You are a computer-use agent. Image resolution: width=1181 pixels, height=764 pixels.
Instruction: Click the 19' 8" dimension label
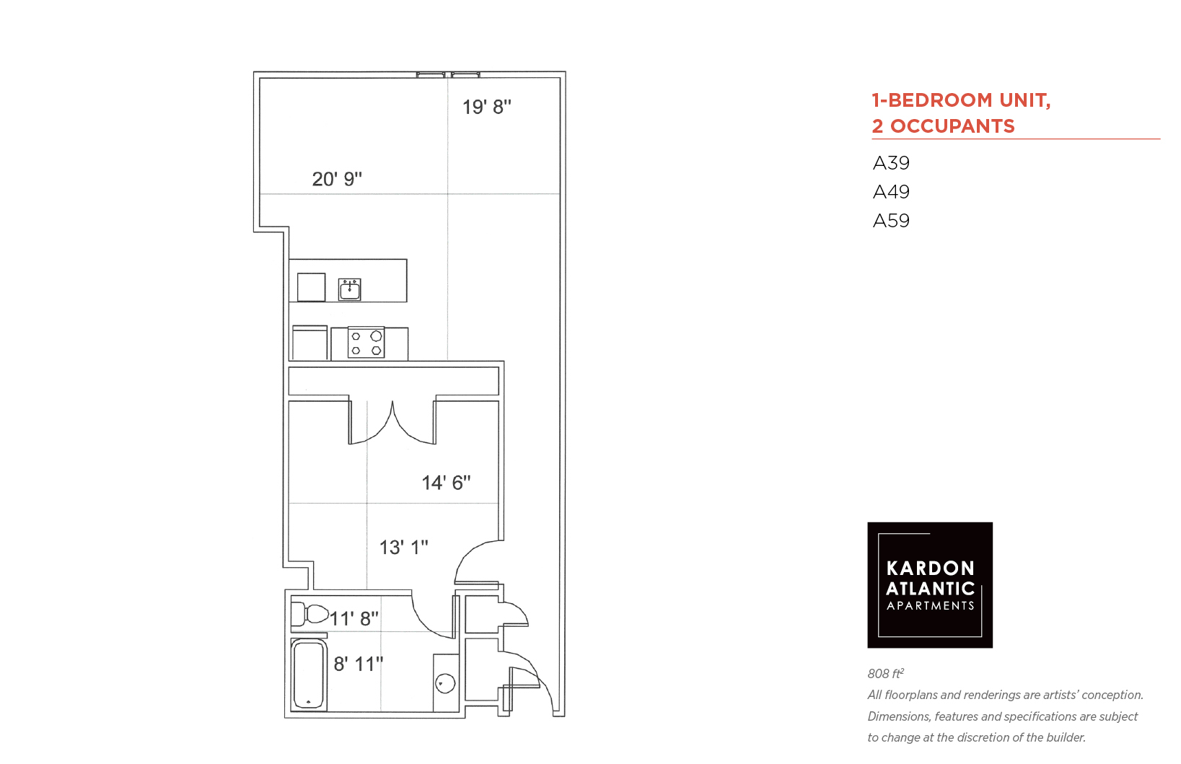point(487,107)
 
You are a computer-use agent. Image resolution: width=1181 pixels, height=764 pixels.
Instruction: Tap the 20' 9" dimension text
point(337,179)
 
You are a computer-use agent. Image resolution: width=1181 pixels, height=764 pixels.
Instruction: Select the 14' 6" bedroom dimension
point(446,483)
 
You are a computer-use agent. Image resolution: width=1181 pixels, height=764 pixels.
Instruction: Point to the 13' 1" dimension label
point(404,548)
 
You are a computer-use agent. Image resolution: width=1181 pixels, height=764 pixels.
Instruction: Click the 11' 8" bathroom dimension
point(354,618)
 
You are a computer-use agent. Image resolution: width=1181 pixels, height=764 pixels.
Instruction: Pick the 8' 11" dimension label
point(359,664)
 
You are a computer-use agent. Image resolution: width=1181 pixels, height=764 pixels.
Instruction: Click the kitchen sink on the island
point(350,289)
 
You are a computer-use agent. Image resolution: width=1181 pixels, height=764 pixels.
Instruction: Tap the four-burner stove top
point(366,343)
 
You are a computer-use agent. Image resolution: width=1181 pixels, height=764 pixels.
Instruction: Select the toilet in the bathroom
point(310,614)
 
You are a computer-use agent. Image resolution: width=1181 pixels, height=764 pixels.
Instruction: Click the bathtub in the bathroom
point(309,675)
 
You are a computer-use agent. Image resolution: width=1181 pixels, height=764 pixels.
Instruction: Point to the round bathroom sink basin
point(446,683)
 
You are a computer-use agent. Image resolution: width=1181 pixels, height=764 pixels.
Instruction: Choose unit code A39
point(891,163)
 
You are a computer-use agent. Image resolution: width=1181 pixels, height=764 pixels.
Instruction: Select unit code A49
point(891,192)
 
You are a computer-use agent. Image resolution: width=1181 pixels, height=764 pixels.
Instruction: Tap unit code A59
point(891,220)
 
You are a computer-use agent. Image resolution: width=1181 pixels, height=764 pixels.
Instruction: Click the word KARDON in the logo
point(930,568)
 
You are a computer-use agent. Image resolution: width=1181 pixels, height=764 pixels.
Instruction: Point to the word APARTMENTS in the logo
point(930,606)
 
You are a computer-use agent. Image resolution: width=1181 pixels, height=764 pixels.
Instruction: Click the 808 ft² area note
point(886,673)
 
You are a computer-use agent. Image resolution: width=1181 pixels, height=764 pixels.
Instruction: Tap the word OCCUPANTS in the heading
point(952,126)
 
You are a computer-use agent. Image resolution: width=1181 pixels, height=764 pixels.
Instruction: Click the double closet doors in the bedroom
point(392,423)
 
